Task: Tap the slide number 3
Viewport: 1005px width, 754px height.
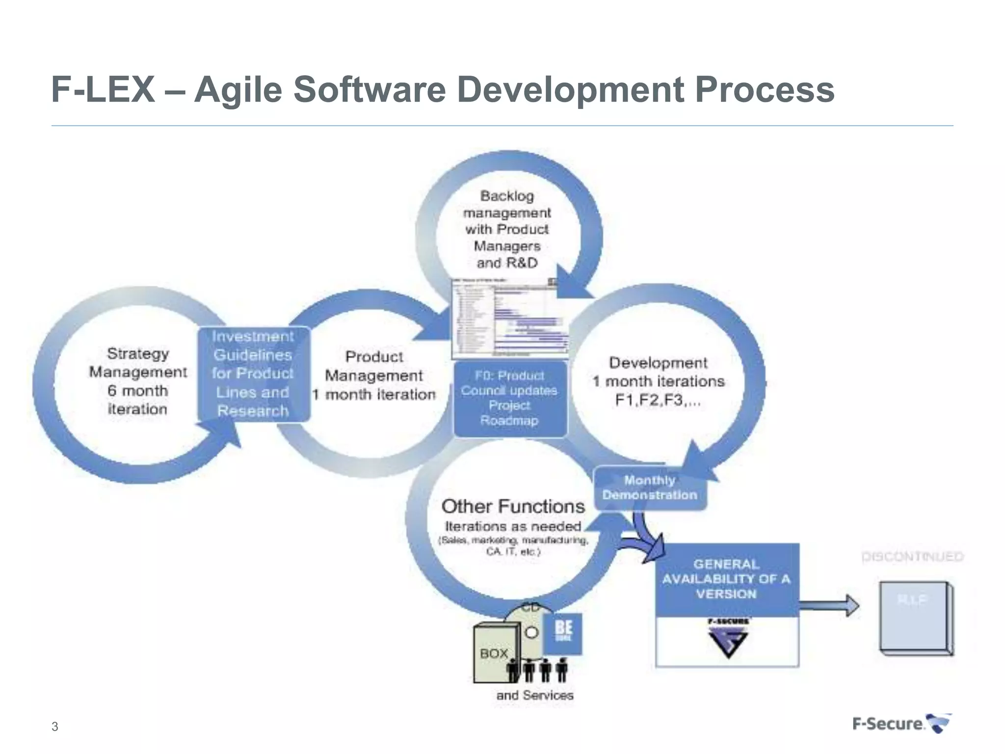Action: pyautogui.click(x=54, y=727)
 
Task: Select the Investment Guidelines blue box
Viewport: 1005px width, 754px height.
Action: pyautogui.click(x=253, y=374)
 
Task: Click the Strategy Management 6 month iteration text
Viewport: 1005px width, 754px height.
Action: pyautogui.click(x=138, y=381)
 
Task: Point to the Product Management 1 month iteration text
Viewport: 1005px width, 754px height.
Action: pyautogui.click(x=374, y=376)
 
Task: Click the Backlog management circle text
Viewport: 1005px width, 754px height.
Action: pyautogui.click(x=507, y=229)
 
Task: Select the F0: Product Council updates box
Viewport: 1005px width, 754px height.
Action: pyautogui.click(x=509, y=398)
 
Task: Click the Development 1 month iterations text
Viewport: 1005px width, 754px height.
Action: pyautogui.click(x=658, y=381)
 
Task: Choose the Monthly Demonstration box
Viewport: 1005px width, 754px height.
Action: pyautogui.click(x=650, y=487)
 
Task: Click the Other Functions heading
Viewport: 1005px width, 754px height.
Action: pyautogui.click(x=513, y=506)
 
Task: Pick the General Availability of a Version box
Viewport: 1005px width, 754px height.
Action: pyautogui.click(x=727, y=579)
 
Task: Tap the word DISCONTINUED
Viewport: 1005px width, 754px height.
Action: pyautogui.click(x=912, y=557)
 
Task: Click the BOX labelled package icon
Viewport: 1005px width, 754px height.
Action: pyautogui.click(x=495, y=653)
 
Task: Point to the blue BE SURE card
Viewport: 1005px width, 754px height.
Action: pyautogui.click(x=563, y=633)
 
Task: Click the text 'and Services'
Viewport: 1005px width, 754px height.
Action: pyautogui.click(x=534, y=695)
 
